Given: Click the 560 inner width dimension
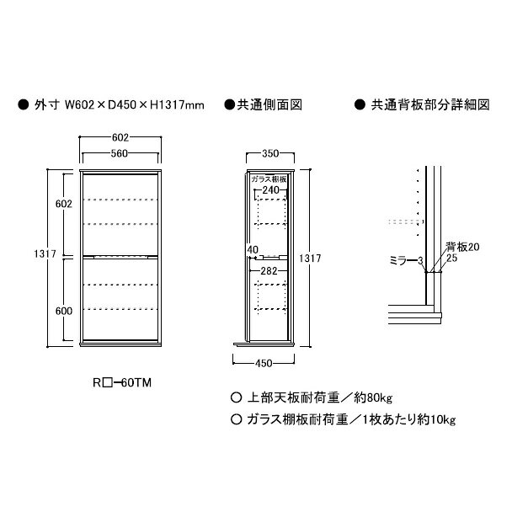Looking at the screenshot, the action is point(120,153).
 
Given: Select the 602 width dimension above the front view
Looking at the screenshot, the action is point(120,137).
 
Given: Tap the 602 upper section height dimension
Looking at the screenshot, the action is point(64,204).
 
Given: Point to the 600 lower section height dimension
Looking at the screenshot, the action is point(64,311).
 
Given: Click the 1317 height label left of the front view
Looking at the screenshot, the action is point(45,253).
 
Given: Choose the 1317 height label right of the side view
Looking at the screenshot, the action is point(310,259).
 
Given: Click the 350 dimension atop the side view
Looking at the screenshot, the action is point(270,153).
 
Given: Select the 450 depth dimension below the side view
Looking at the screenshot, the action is point(264,363).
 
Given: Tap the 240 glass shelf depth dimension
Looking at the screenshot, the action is point(270,189).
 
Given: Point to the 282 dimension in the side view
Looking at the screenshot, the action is point(269,270).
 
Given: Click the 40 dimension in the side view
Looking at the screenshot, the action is point(253,250).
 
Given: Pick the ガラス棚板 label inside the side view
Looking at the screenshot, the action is point(269,179).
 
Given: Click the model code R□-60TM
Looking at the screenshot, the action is point(122,382).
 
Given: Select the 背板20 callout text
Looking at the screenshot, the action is point(463,247).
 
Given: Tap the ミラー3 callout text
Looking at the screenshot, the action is point(407,260).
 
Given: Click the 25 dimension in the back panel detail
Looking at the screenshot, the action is point(452,258).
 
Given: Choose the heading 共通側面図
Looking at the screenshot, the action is point(269,104).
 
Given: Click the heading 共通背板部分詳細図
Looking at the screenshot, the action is point(430,104).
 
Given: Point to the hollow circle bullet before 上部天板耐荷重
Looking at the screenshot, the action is point(236,397).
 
